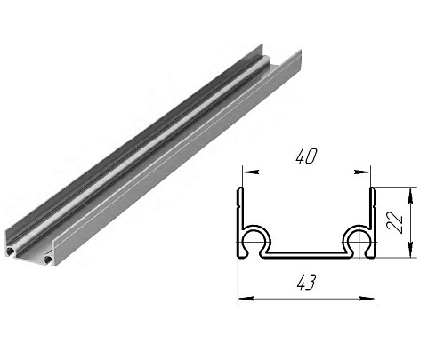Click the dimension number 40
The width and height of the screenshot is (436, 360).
point(307,156)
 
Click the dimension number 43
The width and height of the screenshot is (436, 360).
point(307,282)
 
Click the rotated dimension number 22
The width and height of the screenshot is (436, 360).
point(395,222)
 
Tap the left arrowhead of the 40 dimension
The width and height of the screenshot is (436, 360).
point(250,172)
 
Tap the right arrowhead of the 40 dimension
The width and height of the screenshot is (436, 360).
point(363,172)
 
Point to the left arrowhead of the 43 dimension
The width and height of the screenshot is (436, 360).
point(246,299)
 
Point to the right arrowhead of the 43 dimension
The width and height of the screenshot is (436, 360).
point(367,299)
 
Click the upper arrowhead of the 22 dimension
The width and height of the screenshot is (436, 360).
point(410,195)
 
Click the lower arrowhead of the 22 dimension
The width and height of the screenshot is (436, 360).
point(410,250)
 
